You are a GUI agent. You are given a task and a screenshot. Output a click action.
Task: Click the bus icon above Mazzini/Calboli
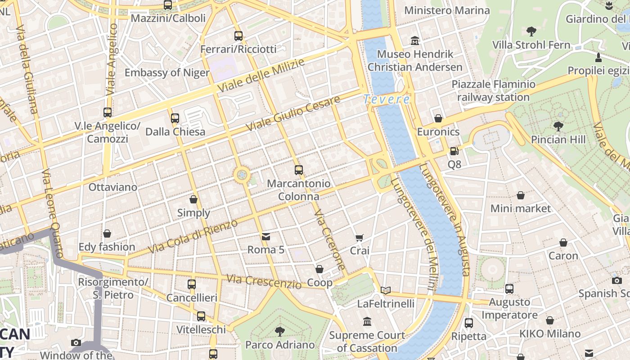click(167, 5)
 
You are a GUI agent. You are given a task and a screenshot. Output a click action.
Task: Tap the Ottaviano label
click(113, 187)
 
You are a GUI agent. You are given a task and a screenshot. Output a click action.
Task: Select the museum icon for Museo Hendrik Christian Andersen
click(415, 41)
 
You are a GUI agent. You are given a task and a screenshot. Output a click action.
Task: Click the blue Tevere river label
click(387, 99)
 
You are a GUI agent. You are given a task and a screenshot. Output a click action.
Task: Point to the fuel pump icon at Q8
click(454, 151)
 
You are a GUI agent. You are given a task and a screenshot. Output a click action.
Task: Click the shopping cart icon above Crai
click(359, 238)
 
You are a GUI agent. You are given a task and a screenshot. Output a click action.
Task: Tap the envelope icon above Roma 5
click(266, 236)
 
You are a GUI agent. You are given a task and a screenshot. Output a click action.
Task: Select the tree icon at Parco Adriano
click(279, 332)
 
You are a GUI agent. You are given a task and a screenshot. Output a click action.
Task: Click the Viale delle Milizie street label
click(261, 76)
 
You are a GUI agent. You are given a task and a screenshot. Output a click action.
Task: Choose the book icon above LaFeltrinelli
click(386, 290)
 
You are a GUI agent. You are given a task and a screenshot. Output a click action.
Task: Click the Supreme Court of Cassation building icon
click(367, 322)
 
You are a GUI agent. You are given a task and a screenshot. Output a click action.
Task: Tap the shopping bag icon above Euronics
click(438, 118)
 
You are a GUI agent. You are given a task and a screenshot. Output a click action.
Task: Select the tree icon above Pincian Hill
click(558, 126)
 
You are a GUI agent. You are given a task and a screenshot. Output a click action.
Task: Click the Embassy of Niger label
click(167, 72)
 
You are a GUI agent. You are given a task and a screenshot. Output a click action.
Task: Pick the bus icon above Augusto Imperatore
click(509, 289)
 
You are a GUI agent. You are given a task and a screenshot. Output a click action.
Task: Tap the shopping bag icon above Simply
click(193, 199)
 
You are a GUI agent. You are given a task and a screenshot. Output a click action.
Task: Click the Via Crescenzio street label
click(264, 282)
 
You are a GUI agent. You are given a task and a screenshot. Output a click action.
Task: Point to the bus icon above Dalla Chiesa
click(175, 118)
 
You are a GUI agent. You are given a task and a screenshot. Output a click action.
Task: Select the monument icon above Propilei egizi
click(598, 58)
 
